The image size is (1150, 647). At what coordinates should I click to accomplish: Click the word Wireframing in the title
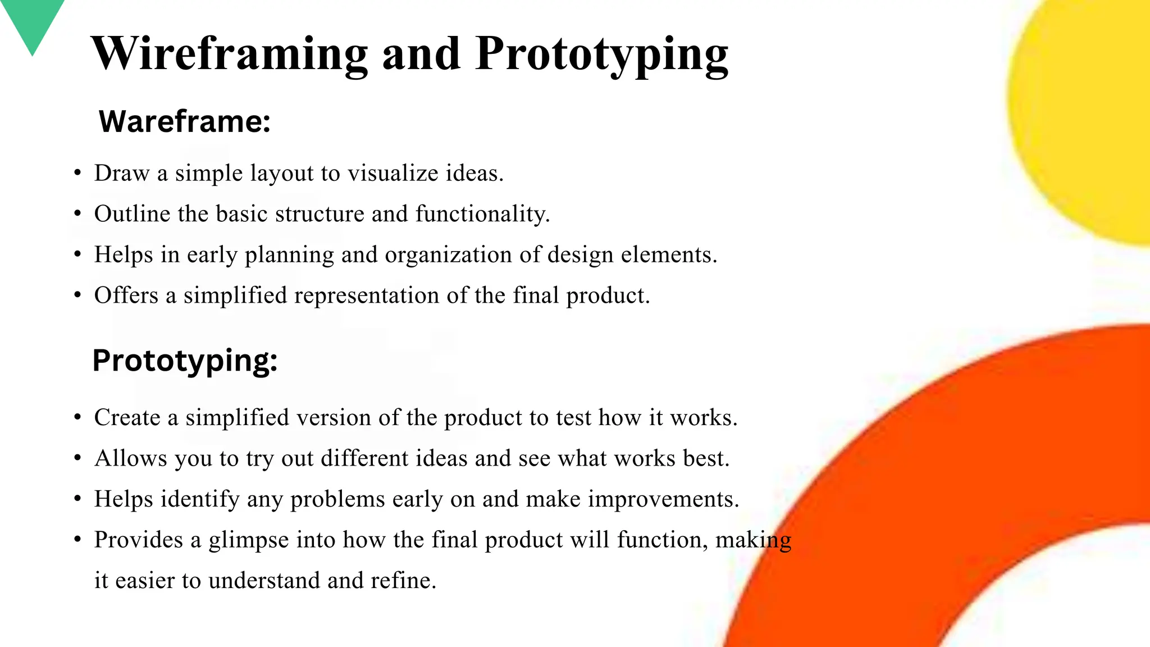pos(229,54)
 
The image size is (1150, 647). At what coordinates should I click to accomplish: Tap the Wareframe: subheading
pos(185,121)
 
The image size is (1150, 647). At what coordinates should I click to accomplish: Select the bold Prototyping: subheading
pos(185,361)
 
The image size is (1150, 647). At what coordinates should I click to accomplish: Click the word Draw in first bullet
pos(121,173)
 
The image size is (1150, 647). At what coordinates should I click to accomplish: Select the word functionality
pos(482,214)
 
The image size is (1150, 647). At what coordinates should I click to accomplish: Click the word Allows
pos(131,458)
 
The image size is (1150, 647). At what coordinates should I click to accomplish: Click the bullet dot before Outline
pos(77,214)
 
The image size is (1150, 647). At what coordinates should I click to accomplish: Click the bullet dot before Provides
pos(77,540)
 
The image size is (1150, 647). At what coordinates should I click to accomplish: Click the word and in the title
pos(421,54)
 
